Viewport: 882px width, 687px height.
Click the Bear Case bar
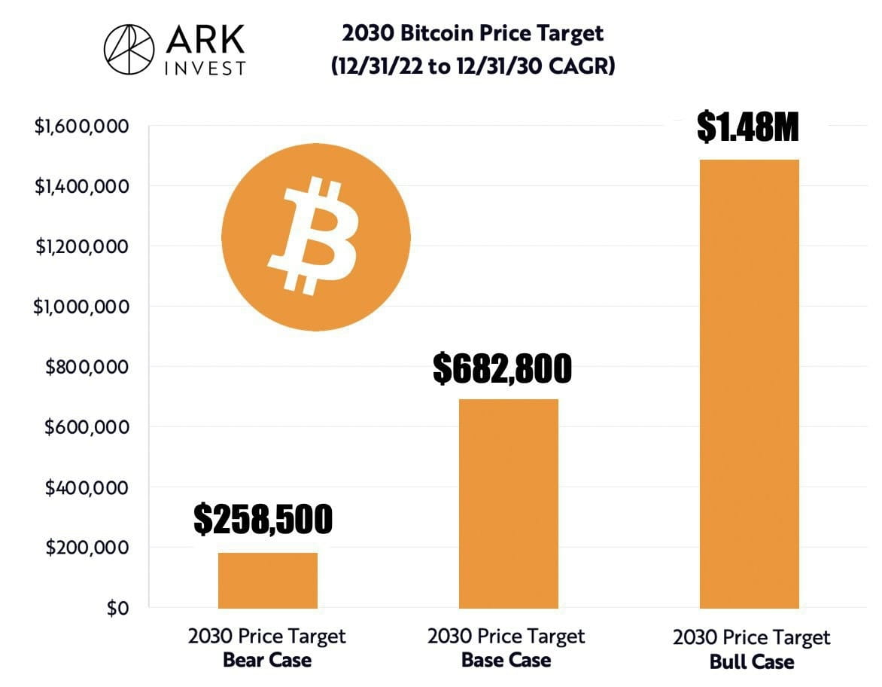[x=267, y=580]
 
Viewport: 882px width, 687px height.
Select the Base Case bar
[x=508, y=503]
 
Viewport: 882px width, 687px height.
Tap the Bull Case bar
[x=749, y=384]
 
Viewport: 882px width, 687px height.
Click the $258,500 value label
[x=263, y=519]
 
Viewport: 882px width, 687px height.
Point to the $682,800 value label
[x=502, y=368]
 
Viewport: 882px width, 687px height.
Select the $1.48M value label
[x=747, y=128]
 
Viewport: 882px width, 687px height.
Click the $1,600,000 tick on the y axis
[x=81, y=126]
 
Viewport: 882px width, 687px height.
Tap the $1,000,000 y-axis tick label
[x=81, y=307]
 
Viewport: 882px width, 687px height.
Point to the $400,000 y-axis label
[x=87, y=487]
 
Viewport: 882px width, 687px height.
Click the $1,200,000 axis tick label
[x=81, y=246]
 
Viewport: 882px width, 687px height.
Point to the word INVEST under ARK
[x=204, y=68]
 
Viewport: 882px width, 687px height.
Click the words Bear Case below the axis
[x=266, y=661]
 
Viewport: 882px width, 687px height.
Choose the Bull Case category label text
[x=751, y=662]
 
